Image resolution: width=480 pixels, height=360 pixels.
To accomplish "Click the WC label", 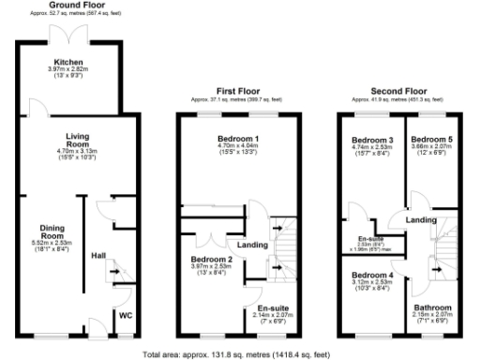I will click(x=124, y=315).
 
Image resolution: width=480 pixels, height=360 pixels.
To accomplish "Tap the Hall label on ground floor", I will click(x=98, y=254).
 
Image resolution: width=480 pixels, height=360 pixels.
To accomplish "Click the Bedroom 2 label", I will click(x=212, y=258).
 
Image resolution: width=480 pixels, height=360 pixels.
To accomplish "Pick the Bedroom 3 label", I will click(x=373, y=139).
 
